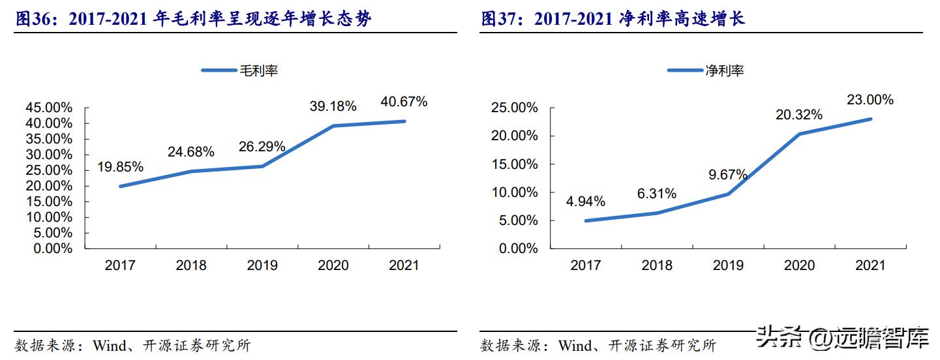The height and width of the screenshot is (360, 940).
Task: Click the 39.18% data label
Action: (333, 106)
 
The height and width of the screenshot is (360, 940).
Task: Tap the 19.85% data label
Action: (120, 167)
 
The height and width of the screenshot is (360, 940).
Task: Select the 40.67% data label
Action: (404, 102)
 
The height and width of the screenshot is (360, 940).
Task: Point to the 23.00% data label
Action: (870, 100)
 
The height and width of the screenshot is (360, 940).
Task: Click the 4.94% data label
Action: (585, 202)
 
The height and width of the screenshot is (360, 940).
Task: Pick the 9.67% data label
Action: (728, 175)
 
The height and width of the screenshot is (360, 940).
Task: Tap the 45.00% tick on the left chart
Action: (49, 108)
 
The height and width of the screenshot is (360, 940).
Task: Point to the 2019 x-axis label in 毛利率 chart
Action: (262, 265)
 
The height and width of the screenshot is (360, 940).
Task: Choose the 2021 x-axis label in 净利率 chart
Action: (870, 265)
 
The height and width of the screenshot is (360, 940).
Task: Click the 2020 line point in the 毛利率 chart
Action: (333, 126)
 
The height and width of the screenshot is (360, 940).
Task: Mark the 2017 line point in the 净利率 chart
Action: (586, 220)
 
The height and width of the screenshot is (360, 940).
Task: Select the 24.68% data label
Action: (191, 152)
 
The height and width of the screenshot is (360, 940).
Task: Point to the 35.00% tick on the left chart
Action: (49, 139)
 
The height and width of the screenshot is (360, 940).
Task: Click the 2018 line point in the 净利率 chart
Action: (657, 213)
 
